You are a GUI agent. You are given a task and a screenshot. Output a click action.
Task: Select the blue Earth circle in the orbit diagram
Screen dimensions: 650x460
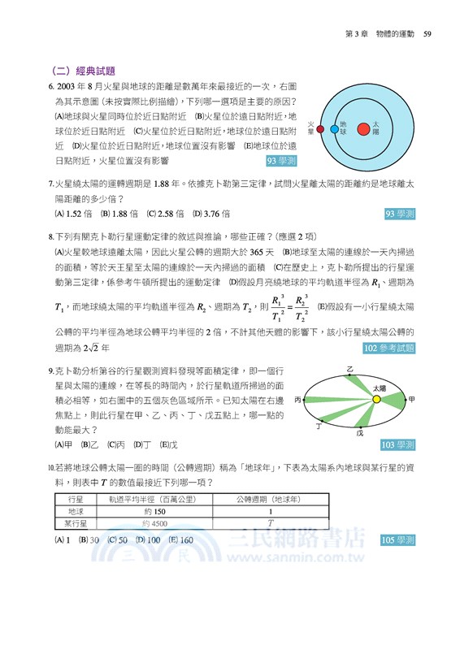coord(334,128)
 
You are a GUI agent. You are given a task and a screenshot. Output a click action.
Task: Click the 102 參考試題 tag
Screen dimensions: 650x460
coord(388,349)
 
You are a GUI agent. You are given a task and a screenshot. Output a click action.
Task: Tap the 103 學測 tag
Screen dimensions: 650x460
coord(398,444)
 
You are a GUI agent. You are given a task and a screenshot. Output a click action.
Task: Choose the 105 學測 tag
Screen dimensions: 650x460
coord(398,539)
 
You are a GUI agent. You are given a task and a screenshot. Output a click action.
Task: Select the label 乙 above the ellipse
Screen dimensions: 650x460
coord(349,369)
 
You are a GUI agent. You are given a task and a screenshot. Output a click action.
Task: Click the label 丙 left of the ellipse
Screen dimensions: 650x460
coord(298,400)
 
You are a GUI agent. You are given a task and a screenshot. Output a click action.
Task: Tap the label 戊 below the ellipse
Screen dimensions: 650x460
coord(359,433)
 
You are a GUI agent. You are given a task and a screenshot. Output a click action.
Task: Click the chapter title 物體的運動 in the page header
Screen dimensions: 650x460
coord(394,34)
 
